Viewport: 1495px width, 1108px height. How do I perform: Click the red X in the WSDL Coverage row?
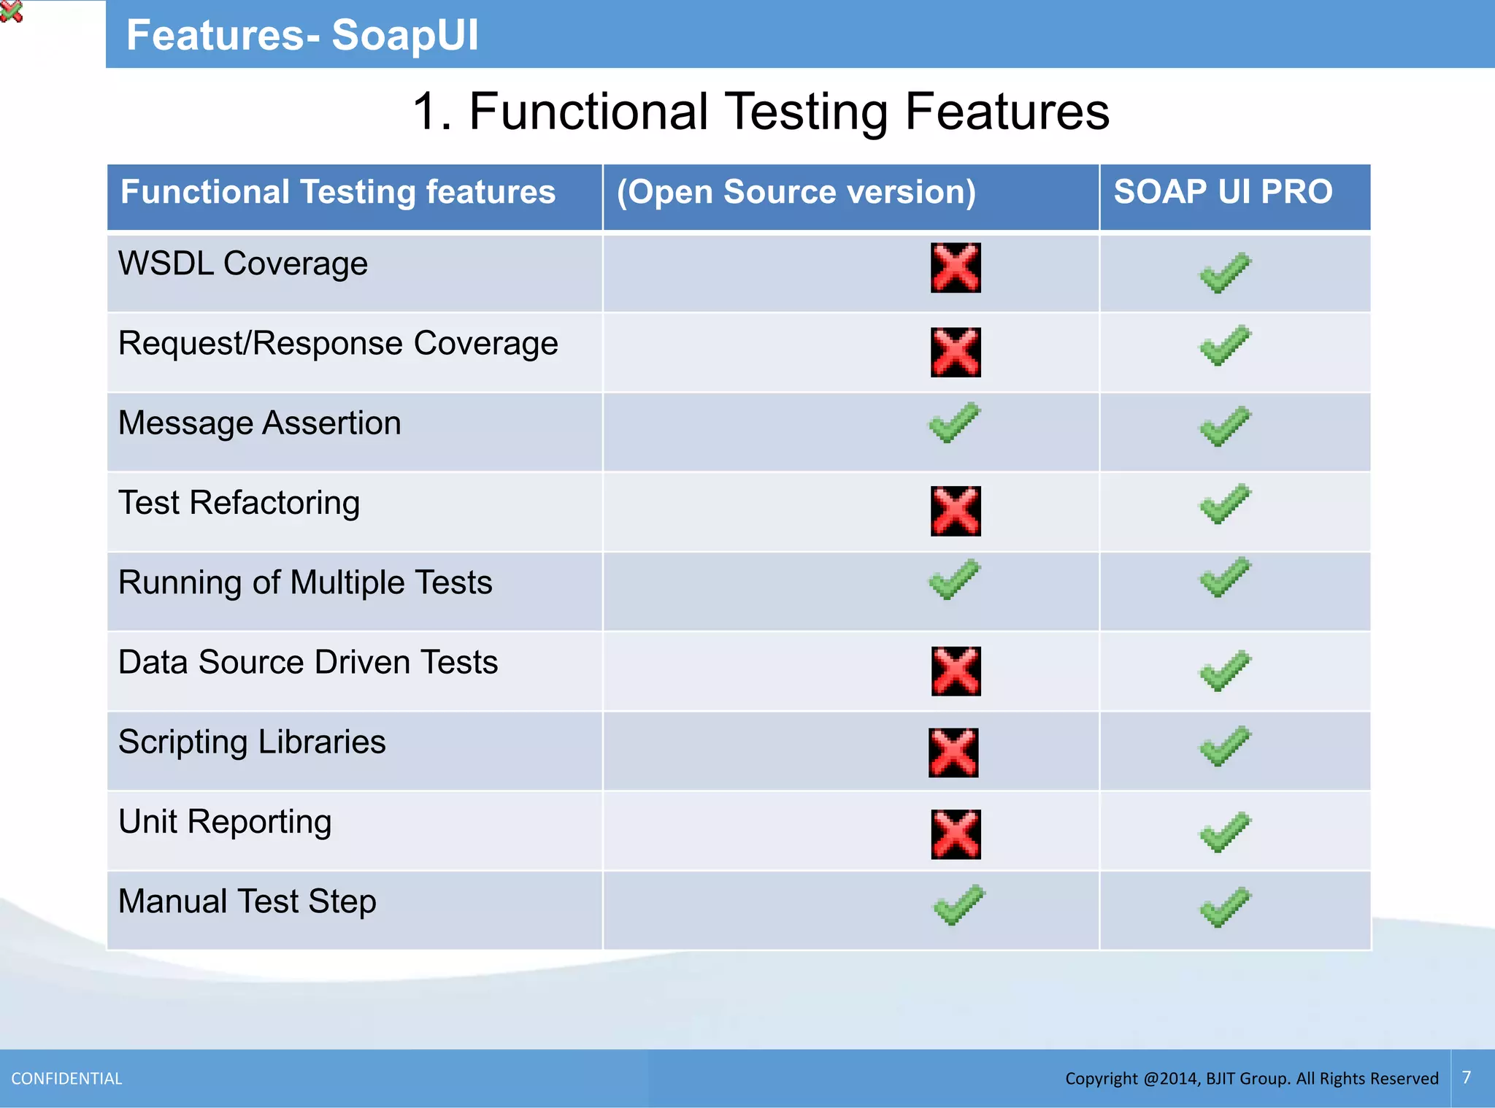[x=956, y=268]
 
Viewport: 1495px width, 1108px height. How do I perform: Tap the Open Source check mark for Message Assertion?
[x=954, y=423]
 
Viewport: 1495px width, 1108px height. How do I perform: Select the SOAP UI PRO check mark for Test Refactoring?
[x=1225, y=504]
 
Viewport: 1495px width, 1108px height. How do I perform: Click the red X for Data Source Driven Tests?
[x=956, y=671]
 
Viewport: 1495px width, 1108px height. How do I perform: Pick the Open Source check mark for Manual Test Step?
[x=958, y=905]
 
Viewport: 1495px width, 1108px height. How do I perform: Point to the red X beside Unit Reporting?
[x=956, y=834]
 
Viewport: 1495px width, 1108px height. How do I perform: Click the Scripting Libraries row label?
[x=252, y=742]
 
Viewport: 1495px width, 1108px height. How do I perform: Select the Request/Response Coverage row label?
[x=338, y=344]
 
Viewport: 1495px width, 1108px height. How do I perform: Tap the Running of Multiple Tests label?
[x=305, y=583]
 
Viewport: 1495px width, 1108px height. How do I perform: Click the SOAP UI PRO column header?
[x=1223, y=192]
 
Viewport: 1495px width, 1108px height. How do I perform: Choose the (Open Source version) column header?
[x=796, y=193]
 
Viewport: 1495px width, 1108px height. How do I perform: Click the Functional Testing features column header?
[x=338, y=193]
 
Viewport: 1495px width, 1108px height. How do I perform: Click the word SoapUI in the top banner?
[x=405, y=35]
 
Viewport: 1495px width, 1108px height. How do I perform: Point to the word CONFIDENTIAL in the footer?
[x=66, y=1079]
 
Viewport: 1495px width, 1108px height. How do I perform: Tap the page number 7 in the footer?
[x=1467, y=1077]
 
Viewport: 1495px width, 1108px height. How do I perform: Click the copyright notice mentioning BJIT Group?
[x=1251, y=1079]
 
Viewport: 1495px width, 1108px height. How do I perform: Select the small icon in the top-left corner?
[x=11, y=11]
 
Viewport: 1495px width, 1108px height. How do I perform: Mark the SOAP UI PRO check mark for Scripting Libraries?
[x=1225, y=746]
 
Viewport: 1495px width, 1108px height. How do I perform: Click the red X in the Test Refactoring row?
[x=956, y=511]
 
